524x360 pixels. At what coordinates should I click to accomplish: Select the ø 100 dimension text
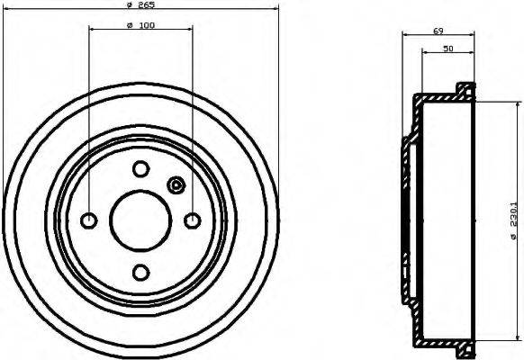point(140,24)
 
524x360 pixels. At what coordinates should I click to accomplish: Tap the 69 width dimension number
point(438,31)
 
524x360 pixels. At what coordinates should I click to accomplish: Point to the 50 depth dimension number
point(447,49)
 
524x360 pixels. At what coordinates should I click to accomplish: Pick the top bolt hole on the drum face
point(140,168)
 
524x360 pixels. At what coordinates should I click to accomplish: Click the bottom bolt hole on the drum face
point(140,272)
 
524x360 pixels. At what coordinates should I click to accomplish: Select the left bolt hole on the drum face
point(89,220)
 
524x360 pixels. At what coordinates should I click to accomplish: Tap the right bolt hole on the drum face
point(192,220)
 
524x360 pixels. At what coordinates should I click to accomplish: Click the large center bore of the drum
point(140,220)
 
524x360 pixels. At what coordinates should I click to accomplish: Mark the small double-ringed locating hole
point(176,186)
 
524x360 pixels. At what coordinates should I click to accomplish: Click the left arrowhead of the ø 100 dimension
point(92,29)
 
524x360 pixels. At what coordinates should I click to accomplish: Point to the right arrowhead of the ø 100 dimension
point(189,29)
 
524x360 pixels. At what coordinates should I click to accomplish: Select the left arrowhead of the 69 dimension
point(404,35)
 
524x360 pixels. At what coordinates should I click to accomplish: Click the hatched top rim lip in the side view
point(465,89)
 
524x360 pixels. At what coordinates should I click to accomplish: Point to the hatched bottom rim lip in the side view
point(465,351)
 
